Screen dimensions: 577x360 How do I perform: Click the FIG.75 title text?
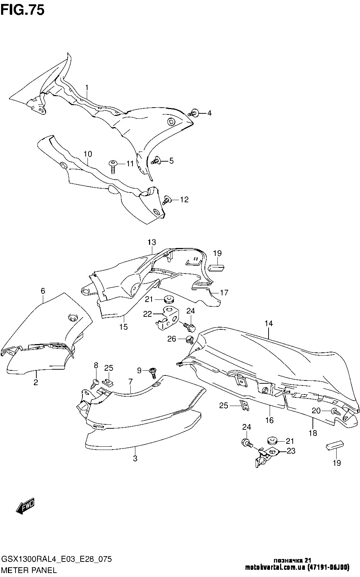coord(22,10)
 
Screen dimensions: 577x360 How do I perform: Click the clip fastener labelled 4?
coord(194,113)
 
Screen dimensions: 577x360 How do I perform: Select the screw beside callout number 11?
coord(113,166)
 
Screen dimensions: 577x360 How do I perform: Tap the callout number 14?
coord(269,323)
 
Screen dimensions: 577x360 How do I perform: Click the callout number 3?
coord(135,459)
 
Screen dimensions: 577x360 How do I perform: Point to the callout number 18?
coord(313,433)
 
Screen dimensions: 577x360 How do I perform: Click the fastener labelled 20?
coord(336,411)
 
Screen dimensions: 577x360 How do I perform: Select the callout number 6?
coord(43,291)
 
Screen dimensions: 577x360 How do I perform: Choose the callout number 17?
coord(224,293)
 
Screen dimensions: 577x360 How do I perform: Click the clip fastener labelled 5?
coord(157,160)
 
